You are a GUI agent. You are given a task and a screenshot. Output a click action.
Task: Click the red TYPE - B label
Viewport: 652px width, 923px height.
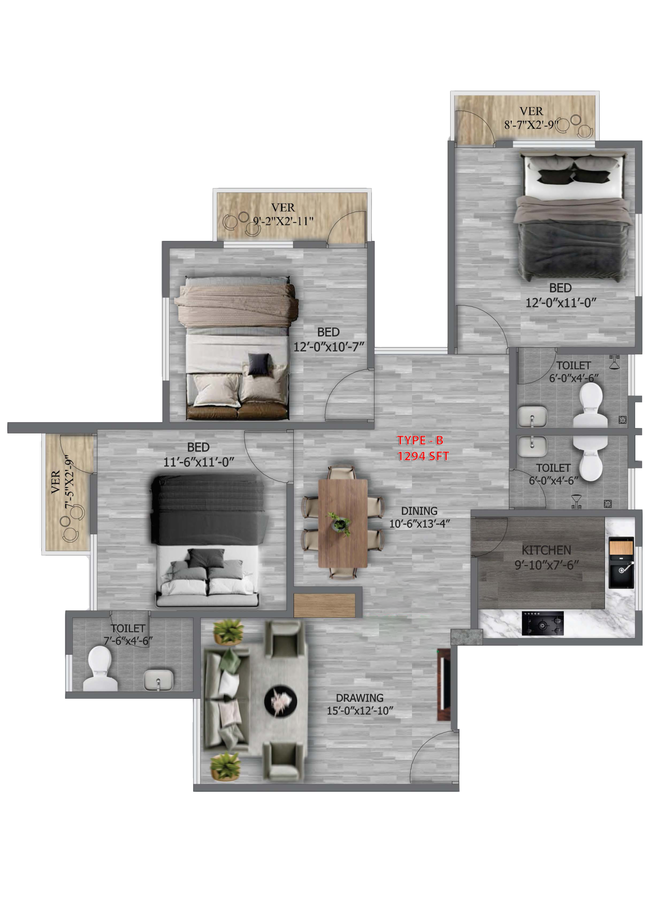point(420,440)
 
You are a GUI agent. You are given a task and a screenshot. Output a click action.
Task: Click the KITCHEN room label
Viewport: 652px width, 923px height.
point(546,550)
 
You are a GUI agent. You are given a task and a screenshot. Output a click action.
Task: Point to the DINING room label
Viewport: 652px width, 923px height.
point(419,511)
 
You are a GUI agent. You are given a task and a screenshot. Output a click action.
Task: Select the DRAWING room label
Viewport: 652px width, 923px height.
point(360,698)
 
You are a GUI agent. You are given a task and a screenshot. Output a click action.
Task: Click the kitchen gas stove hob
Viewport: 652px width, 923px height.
point(543,623)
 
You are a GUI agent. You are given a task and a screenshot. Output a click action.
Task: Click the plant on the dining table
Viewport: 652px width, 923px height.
point(340,524)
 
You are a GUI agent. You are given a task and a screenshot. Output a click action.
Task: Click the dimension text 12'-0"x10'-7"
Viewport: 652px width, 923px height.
point(329,347)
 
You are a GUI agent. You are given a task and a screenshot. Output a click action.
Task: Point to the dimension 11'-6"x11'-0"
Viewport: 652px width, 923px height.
point(199,462)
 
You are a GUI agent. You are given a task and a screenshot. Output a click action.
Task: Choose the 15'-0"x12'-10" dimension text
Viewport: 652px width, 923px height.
point(360,711)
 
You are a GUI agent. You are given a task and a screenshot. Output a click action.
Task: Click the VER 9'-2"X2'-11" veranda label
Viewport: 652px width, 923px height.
point(283,214)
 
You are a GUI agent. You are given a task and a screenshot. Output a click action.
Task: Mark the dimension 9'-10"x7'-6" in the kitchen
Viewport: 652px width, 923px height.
point(547,565)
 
